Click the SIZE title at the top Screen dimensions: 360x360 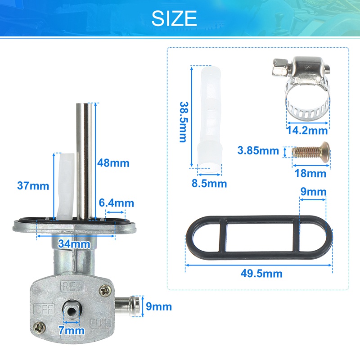pyautogui.click(x=174, y=18)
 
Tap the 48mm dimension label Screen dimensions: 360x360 pyautogui.click(x=113, y=163)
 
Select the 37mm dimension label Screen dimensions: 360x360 pyautogui.click(x=33, y=186)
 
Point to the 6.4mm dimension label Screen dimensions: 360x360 pyautogui.click(x=117, y=203)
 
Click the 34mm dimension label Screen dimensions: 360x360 pyautogui.click(x=74, y=244)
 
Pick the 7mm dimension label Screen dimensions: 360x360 pyautogui.click(x=71, y=330)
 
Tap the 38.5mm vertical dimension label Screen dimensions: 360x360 pyautogui.click(x=184, y=122)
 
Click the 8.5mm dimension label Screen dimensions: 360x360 pyautogui.click(x=209, y=184)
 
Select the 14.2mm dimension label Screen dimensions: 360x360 pyautogui.click(x=307, y=130)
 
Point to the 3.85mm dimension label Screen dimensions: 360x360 pyautogui.click(x=258, y=151)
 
